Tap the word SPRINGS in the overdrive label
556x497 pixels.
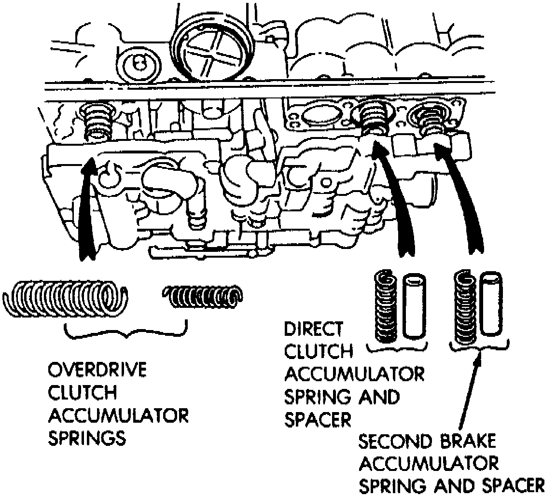[x=87, y=439]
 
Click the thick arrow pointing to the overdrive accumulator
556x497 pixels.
[x=87, y=207]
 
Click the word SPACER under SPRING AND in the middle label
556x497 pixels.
[x=318, y=419]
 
